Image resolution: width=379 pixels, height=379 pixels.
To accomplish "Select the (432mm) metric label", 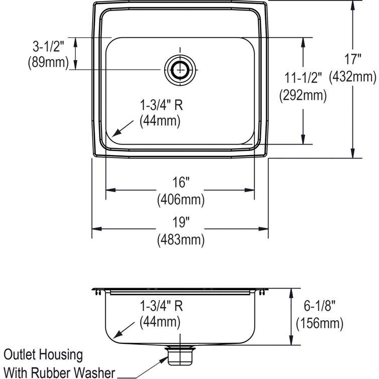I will pyautogui.click(x=352, y=77).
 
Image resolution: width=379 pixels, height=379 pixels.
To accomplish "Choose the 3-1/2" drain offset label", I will pyautogui.click(x=46, y=47).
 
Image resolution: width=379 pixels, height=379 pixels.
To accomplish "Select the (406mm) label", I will pyautogui.click(x=180, y=200).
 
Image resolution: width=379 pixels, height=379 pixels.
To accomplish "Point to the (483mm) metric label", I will pyautogui.click(x=180, y=240).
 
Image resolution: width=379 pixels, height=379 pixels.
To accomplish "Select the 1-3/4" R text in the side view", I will pyautogui.click(x=160, y=304).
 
